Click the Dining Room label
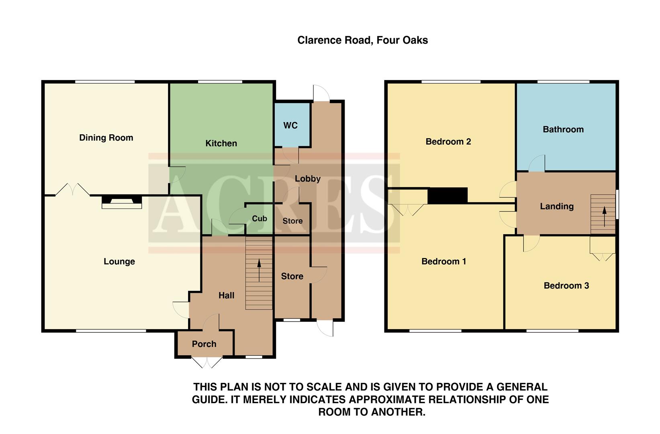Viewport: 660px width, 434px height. [x=106, y=138]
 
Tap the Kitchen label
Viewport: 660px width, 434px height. [x=221, y=143]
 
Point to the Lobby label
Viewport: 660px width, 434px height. [x=307, y=179]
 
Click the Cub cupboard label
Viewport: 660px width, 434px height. [x=260, y=219]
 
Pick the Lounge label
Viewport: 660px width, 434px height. [x=119, y=262]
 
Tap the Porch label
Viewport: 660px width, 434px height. [x=204, y=344]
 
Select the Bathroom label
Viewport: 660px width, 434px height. [x=563, y=129]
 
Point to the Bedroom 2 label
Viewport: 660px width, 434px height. [x=448, y=141]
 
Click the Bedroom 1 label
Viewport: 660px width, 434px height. [x=443, y=262]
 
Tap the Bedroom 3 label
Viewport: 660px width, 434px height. [x=566, y=286]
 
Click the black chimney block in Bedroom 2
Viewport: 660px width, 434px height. [x=447, y=196]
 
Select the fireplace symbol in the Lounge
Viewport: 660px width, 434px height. [x=122, y=202]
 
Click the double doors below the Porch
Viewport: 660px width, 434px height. [x=207, y=362]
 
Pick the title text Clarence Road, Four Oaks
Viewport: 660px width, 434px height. [x=362, y=40]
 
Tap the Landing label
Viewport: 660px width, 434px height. [x=556, y=207]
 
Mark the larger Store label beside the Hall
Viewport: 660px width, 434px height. [x=292, y=276]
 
